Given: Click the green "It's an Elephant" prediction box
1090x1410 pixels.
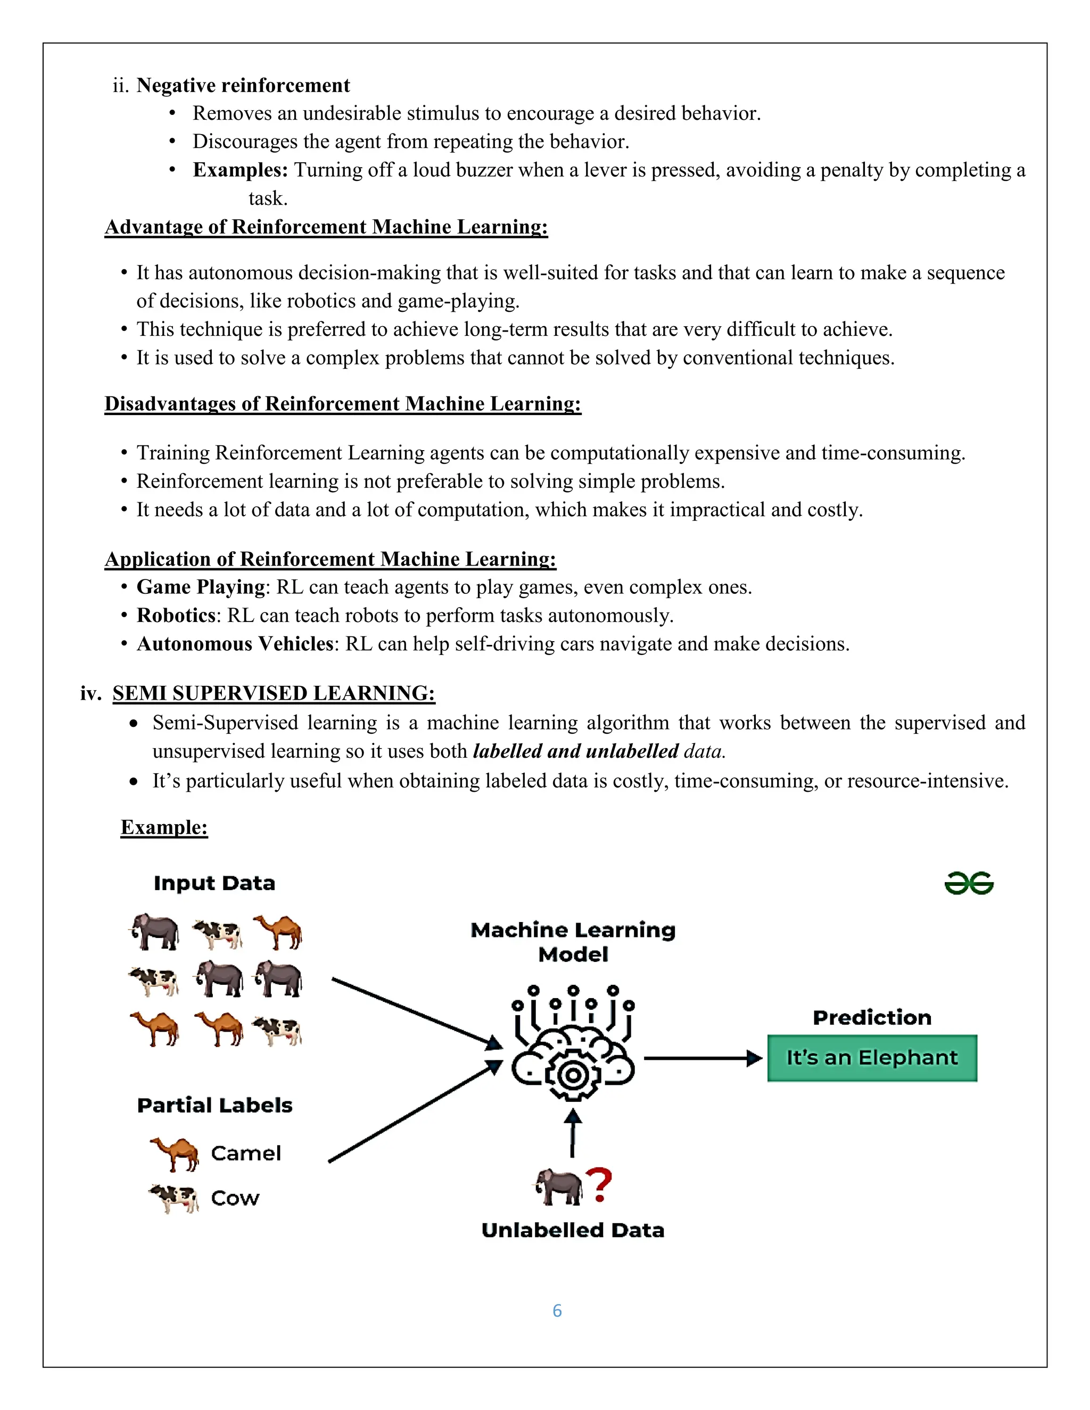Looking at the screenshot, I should click(872, 1058).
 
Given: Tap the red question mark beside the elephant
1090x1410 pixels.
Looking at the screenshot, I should click(599, 1185).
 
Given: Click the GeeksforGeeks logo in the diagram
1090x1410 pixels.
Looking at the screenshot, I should click(969, 883).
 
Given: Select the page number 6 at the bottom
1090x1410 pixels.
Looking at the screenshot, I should click(557, 1311).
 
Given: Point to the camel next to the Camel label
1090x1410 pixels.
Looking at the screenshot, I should click(175, 1153).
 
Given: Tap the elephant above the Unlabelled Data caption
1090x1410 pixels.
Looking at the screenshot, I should click(558, 1187).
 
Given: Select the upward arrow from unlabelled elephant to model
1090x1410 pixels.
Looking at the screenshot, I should click(572, 1133).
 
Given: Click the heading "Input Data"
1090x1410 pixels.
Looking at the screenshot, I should click(214, 883).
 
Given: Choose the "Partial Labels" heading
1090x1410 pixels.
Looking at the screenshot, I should click(215, 1105).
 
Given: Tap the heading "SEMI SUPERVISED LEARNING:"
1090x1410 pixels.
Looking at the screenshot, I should click(274, 693).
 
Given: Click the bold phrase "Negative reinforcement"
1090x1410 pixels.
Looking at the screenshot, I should click(243, 85).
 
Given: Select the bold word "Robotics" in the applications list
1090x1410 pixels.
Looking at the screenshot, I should click(176, 615).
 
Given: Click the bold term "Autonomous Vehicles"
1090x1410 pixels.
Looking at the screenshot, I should click(235, 644).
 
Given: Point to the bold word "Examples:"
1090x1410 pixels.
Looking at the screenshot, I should click(240, 170).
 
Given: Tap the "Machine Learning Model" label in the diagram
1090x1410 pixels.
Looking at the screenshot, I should click(573, 942).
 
